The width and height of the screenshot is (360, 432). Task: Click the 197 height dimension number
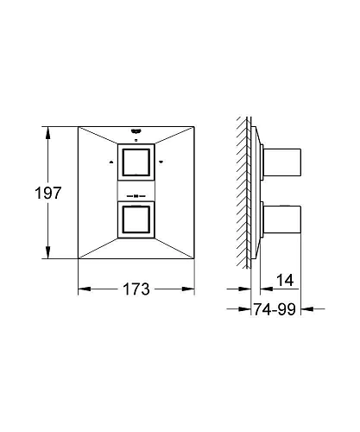tap(48, 193)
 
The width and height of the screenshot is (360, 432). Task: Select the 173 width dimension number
tap(136, 289)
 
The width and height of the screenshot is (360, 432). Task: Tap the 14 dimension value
tap(285, 280)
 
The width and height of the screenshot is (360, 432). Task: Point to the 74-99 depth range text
tap(275, 309)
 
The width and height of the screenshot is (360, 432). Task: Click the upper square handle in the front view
tap(136, 162)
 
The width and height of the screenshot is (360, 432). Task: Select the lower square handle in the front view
tap(136, 219)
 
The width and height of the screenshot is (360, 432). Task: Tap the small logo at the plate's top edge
tap(136, 131)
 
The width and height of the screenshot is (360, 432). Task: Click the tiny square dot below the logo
tap(136, 140)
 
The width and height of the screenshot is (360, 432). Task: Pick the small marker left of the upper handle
tap(111, 162)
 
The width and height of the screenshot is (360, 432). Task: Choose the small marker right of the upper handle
tap(161, 162)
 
